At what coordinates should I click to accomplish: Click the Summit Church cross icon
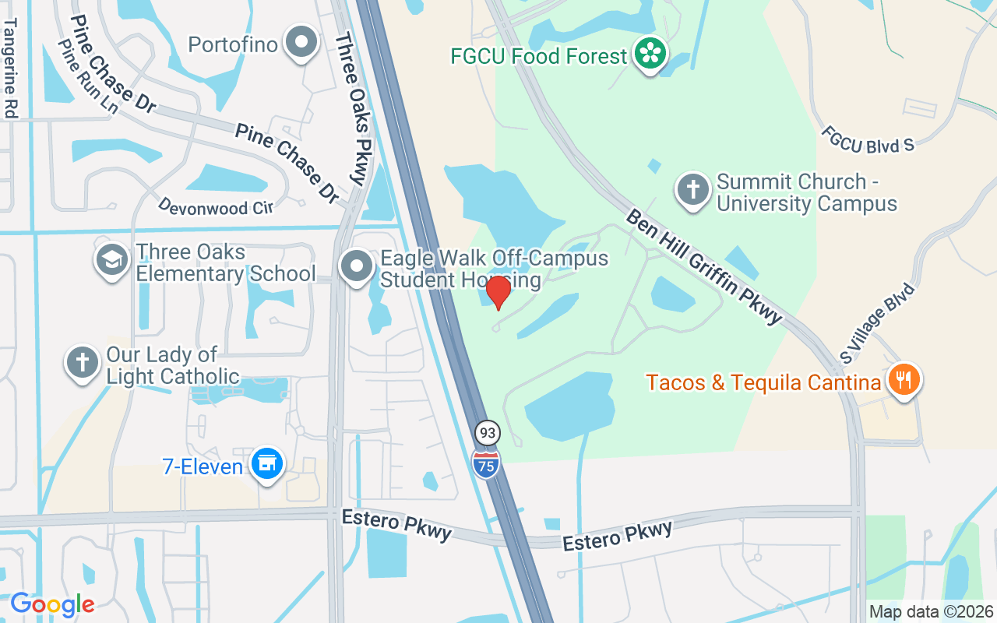692,190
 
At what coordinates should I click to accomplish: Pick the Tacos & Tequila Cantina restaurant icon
904,381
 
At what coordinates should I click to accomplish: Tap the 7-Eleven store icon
267,464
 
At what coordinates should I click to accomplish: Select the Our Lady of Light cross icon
82,363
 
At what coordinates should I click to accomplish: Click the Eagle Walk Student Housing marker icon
358,266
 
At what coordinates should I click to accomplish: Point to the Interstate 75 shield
485,463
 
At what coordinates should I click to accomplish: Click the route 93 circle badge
488,432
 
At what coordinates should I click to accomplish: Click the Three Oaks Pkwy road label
350,109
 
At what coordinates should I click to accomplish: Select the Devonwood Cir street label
215,206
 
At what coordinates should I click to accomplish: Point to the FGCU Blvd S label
867,139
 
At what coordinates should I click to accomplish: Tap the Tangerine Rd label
9,68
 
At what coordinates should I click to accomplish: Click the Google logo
52,604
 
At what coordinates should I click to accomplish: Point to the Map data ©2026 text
931,612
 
